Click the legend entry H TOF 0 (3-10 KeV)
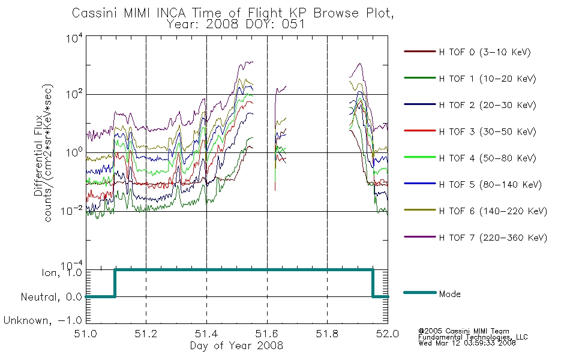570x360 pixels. (485, 52)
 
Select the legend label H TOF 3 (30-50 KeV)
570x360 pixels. (487, 131)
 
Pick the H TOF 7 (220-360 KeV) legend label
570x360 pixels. (493, 238)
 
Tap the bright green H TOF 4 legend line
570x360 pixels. (420, 157)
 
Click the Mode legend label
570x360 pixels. (449, 294)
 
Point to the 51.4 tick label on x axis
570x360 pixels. (206, 334)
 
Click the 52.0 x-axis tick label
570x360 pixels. (388, 334)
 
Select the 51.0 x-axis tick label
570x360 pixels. (85, 334)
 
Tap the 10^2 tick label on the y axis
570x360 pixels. (74, 94)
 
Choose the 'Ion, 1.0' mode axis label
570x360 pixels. (62, 272)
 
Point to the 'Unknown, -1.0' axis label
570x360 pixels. (43, 320)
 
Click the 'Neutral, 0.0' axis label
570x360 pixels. (51, 297)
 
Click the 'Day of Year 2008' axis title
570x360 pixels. (236, 345)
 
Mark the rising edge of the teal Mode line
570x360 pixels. (115, 283)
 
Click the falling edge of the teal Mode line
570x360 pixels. (373, 283)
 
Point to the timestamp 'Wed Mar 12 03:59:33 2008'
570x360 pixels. (467, 343)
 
